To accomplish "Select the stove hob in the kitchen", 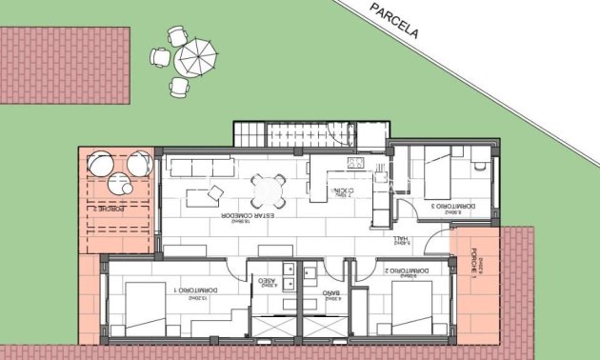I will coord(355,163).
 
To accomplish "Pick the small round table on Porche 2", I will coord(119,183).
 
